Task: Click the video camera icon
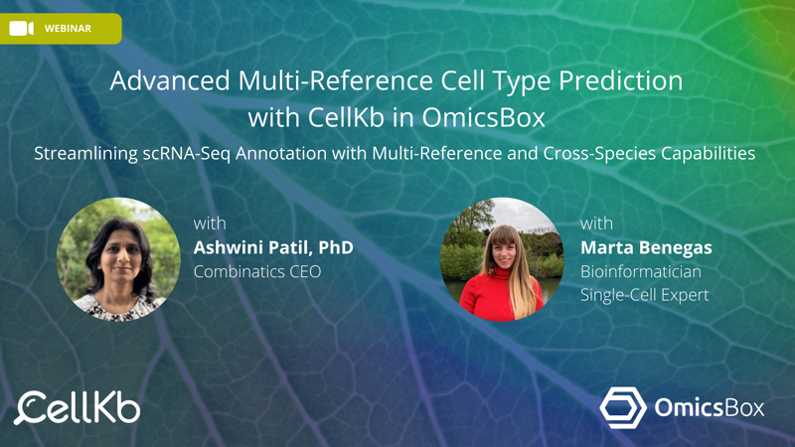point(21,29)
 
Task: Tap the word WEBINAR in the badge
point(68,29)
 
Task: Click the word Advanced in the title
point(170,80)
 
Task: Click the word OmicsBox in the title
point(483,117)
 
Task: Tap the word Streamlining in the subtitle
point(85,154)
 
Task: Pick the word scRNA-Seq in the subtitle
point(187,154)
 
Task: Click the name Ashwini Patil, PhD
point(273,247)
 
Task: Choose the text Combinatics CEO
point(257,271)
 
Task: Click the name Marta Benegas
point(646,247)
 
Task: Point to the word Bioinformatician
point(641,271)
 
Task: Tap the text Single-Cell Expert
point(644,295)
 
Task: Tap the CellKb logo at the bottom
point(78,408)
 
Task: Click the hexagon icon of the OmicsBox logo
point(623,408)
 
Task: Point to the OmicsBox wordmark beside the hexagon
point(709,408)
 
